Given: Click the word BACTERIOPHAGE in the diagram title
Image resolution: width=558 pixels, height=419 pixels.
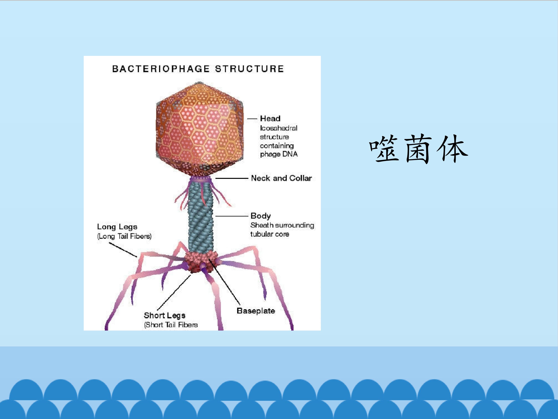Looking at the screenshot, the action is pyautogui.click(x=161, y=69).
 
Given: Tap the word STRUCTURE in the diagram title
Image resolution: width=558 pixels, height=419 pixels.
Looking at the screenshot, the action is pyautogui.click(x=250, y=69).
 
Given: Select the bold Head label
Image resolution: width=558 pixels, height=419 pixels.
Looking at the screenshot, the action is pyautogui.click(x=270, y=119).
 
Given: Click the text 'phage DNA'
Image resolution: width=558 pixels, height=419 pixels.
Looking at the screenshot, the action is pyautogui.click(x=279, y=154).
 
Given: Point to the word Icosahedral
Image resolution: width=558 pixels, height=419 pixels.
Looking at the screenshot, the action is pyautogui.click(x=279, y=128).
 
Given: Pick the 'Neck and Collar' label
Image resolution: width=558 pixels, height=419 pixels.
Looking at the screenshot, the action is pyautogui.click(x=282, y=178).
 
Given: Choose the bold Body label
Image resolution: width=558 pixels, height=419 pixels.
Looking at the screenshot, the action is pyautogui.click(x=261, y=216).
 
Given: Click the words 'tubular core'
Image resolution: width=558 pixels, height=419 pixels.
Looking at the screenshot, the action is pyautogui.click(x=270, y=234).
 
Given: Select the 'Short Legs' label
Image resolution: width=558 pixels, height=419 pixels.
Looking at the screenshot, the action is pyautogui.click(x=164, y=315).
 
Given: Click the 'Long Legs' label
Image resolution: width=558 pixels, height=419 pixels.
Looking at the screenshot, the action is pyautogui.click(x=117, y=227).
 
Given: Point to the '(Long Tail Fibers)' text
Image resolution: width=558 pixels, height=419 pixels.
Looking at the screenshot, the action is pyautogui.click(x=124, y=236).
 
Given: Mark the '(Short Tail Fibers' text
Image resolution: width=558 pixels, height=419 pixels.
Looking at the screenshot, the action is pyautogui.click(x=171, y=325).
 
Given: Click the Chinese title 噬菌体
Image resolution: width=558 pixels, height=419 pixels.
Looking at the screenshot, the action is pyautogui.click(x=418, y=149).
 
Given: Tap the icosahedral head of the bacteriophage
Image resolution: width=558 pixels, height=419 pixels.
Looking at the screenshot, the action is pyautogui.click(x=199, y=129).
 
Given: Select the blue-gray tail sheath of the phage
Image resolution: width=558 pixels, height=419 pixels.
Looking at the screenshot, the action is pyautogui.click(x=201, y=217).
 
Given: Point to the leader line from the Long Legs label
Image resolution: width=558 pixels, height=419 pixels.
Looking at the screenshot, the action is pyautogui.click(x=123, y=250).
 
